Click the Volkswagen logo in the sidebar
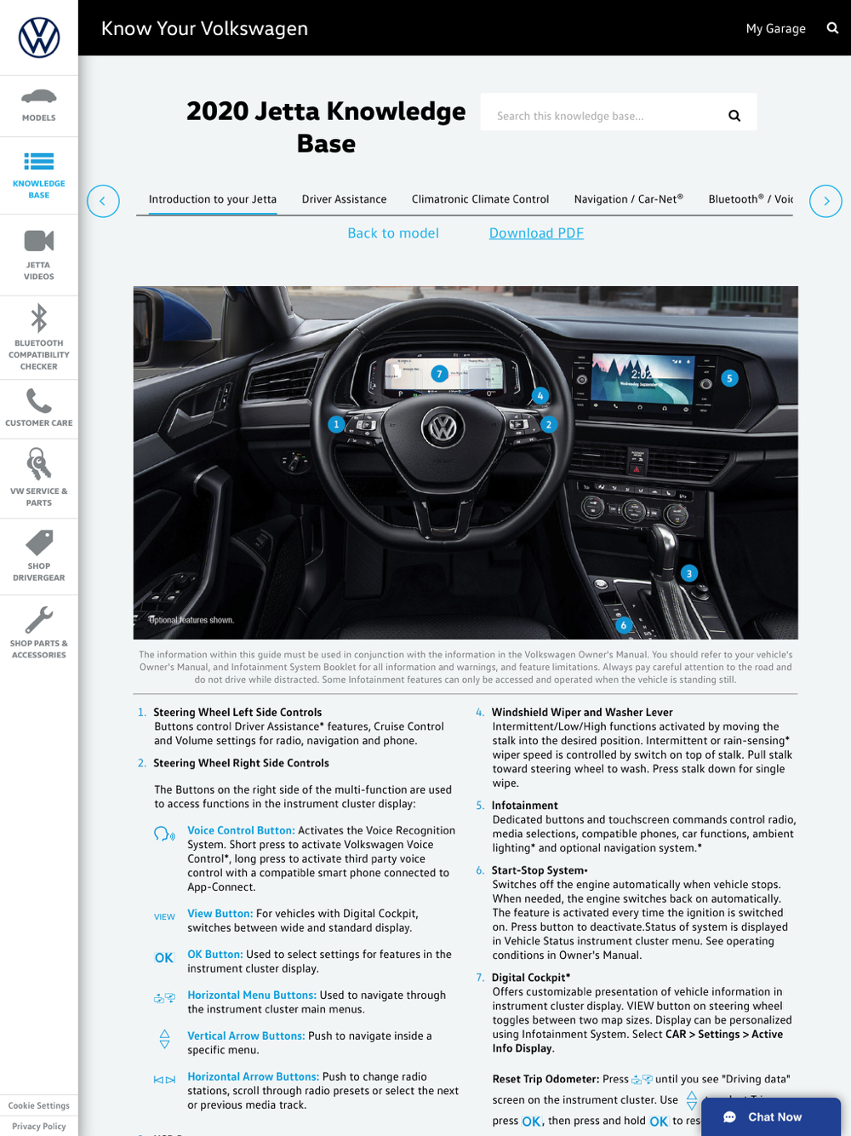pyautogui.click(x=39, y=37)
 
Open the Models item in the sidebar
pyautogui.click(x=39, y=105)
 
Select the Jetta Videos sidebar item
pyautogui.click(x=39, y=255)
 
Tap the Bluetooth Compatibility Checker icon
pyautogui.click(x=39, y=320)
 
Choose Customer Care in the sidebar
pyautogui.click(x=39, y=408)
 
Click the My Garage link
pyautogui.click(x=775, y=28)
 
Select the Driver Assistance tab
pyautogui.click(x=344, y=199)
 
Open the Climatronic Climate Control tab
pyautogui.click(x=480, y=199)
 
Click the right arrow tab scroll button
pyautogui.click(x=825, y=201)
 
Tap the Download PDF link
pyautogui.click(x=536, y=233)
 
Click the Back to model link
pyautogui.click(x=393, y=233)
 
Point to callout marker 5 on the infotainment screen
pyautogui.click(x=729, y=378)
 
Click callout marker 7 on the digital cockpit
pyautogui.click(x=439, y=374)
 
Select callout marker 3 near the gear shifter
pyautogui.click(x=689, y=573)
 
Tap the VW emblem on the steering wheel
pyautogui.click(x=443, y=427)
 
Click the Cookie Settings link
pyautogui.click(x=39, y=1105)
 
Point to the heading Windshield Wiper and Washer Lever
pyautogui.click(x=582, y=712)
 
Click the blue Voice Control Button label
pyautogui.click(x=241, y=830)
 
